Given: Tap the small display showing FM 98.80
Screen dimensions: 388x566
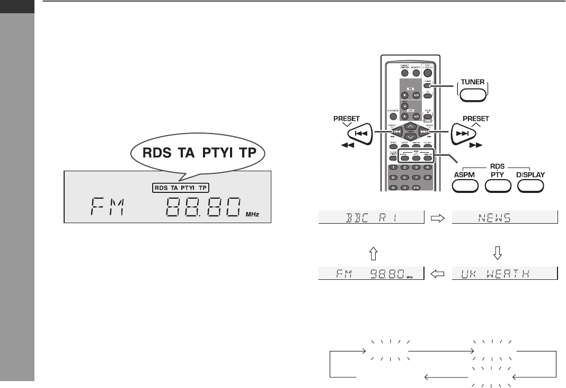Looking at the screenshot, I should [x=372, y=274].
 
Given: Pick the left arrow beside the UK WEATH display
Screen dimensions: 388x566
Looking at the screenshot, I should [x=438, y=274].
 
